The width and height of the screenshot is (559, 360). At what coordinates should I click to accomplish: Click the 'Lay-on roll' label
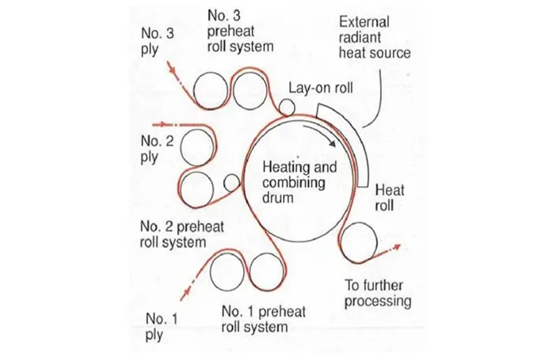click(321, 88)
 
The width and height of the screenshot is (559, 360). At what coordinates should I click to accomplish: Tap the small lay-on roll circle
click(286, 107)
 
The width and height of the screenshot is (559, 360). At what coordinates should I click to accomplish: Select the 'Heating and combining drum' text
click(300, 182)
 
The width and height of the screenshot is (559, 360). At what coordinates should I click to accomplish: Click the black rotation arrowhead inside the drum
click(333, 143)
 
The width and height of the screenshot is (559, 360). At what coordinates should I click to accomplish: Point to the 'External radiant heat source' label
click(375, 37)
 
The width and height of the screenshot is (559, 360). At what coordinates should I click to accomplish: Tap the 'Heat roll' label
click(389, 198)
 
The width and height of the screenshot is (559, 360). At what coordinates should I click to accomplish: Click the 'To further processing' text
click(377, 294)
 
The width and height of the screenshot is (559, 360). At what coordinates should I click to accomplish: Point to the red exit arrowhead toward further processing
click(396, 247)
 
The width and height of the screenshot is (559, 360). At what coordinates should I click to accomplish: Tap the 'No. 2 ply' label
click(157, 149)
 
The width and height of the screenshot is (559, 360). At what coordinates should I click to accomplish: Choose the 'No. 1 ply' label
click(161, 326)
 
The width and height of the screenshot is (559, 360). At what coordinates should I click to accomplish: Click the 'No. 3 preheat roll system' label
click(240, 31)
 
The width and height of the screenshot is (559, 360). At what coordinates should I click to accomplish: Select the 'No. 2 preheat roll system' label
click(182, 234)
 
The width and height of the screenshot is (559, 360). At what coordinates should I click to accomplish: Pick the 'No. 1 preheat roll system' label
click(263, 319)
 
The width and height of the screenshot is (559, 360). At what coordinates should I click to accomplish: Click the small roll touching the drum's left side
click(232, 182)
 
